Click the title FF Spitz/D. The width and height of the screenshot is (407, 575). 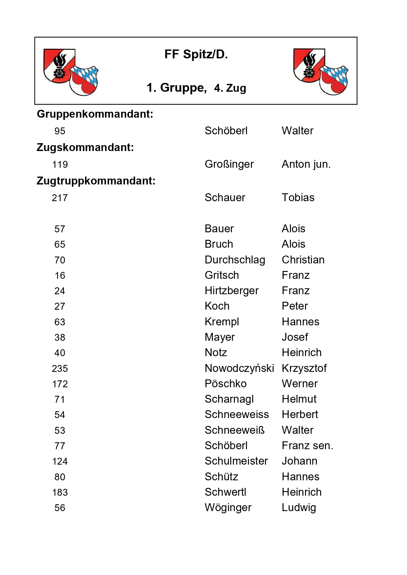coord(196,54)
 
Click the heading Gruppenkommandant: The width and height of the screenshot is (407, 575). coord(95,114)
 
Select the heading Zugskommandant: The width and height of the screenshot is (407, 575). coord(85,147)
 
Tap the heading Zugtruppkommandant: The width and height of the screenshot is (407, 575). coord(96,181)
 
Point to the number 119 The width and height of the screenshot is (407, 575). coord(60,164)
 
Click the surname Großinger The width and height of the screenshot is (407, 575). coord(229,164)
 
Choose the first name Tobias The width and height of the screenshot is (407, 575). coord(298,198)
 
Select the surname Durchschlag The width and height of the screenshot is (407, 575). coord(235,260)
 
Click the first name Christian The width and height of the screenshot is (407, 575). coord(303,260)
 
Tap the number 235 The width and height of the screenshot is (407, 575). coord(60,369)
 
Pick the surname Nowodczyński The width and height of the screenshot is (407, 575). coord(239,368)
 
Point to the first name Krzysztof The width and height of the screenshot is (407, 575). coord(304,368)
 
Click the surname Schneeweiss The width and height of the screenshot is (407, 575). coord(236,414)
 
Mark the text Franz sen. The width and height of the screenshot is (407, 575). coord(307,446)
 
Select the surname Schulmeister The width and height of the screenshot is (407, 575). coord(236,461)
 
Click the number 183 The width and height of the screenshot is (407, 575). coord(60,492)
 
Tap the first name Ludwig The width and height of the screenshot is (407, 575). coord(299,508)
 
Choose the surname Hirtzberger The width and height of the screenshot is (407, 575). coord(232,291)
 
